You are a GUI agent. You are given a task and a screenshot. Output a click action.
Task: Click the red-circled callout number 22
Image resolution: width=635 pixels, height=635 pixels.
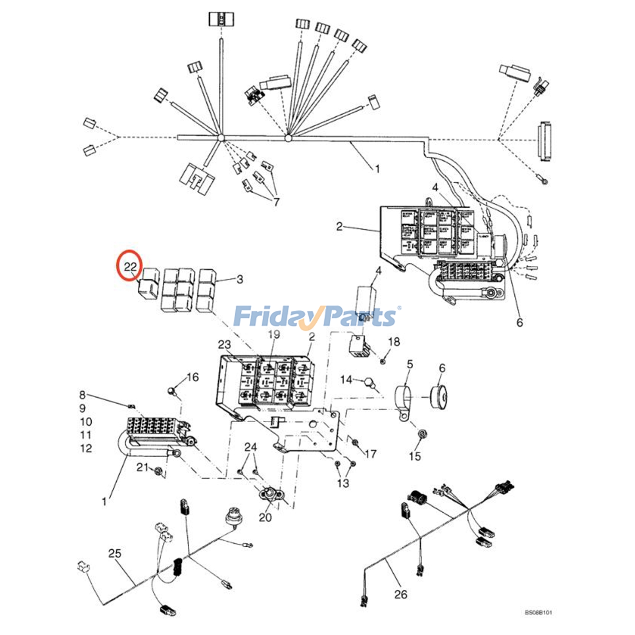(130, 266)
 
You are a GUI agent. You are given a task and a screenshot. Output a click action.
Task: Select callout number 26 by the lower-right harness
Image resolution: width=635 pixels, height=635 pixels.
(400, 594)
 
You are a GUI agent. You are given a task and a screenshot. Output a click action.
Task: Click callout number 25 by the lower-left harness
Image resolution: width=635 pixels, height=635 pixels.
(115, 553)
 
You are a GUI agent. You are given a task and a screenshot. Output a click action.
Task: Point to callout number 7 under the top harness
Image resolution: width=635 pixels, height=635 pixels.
(276, 202)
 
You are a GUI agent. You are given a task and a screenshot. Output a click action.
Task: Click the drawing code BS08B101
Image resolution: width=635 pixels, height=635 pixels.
(538, 613)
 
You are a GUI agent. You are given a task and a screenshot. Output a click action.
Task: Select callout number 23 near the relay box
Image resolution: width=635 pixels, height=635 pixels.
(224, 344)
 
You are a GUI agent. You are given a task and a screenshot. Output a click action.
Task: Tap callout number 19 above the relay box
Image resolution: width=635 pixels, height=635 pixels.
(274, 335)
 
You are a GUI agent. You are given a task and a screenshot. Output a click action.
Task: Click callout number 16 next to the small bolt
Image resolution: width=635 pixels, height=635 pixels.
(192, 377)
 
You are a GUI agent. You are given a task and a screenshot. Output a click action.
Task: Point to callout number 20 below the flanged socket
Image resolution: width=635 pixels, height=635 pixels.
(265, 517)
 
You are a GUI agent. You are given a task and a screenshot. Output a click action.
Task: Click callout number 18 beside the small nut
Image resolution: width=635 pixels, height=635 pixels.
(394, 342)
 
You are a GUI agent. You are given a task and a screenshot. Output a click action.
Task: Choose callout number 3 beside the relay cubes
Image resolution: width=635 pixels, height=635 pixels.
(240, 279)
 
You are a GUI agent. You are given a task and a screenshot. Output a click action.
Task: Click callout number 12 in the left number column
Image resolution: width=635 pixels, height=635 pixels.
(86, 448)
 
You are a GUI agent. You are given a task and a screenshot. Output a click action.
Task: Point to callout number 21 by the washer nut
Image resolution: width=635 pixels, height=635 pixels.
(142, 467)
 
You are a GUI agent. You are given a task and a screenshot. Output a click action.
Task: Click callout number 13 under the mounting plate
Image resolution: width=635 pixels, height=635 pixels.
(343, 483)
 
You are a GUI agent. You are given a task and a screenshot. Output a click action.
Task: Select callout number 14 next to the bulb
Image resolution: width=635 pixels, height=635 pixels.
(346, 380)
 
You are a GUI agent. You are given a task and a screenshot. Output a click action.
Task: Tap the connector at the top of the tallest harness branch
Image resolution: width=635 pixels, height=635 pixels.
(221, 19)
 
